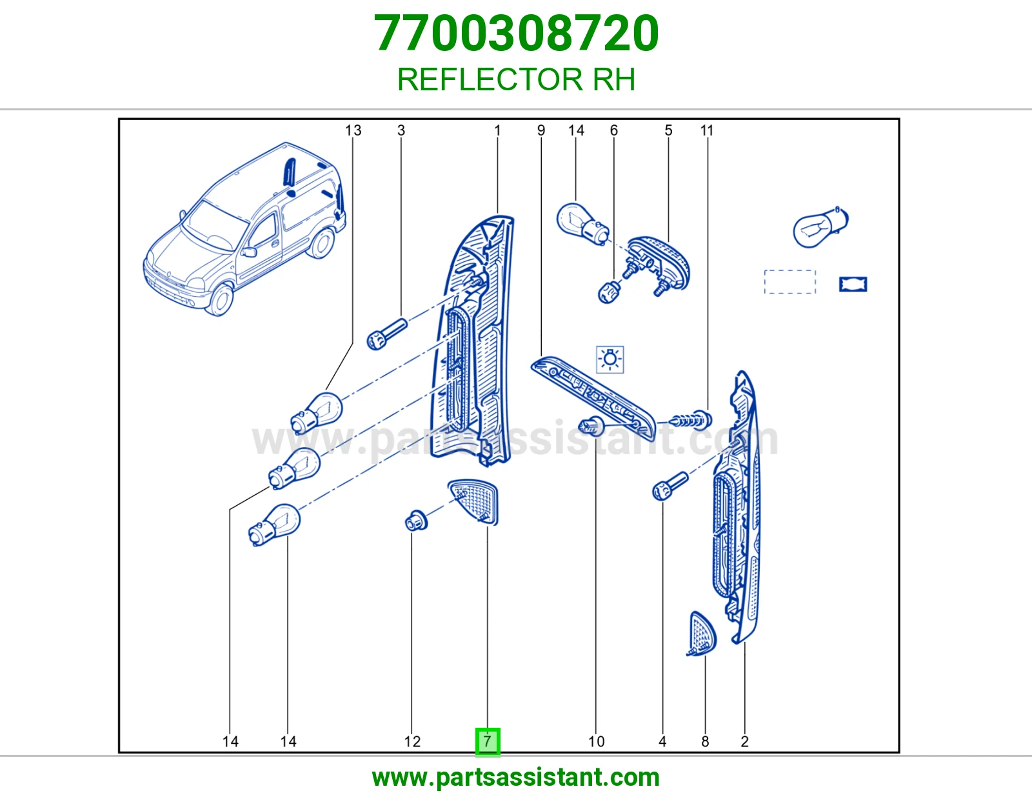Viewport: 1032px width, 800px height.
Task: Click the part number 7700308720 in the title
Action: (516, 34)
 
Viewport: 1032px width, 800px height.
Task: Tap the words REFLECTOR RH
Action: (516, 79)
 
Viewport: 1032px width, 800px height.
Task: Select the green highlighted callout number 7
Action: (487, 741)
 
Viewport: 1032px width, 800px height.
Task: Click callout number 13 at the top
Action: (353, 130)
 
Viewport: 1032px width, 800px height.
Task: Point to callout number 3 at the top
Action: (401, 130)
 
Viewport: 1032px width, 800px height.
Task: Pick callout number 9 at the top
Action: (541, 130)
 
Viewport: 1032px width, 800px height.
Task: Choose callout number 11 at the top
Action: (707, 130)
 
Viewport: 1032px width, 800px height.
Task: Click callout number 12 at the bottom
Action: (412, 741)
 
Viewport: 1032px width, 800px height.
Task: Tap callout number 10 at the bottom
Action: (597, 741)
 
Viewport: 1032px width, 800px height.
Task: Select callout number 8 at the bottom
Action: (705, 741)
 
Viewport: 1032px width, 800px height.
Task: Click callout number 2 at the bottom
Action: (745, 741)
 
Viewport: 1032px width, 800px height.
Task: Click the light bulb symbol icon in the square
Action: (610, 359)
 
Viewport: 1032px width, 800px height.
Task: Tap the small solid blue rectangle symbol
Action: (853, 284)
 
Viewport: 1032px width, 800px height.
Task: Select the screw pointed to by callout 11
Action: (691, 419)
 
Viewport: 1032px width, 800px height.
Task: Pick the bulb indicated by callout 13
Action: (316, 412)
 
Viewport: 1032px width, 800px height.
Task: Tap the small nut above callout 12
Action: (416, 521)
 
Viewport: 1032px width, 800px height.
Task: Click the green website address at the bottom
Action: (516, 777)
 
